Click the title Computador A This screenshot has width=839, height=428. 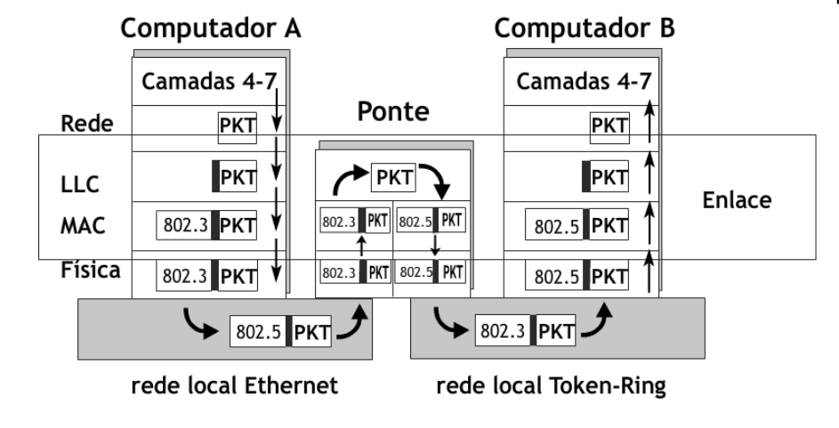[211, 28]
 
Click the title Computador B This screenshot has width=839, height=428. [586, 28]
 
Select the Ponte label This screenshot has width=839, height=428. [393, 113]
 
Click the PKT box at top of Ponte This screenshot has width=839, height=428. [393, 178]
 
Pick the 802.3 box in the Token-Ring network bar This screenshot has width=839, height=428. [504, 333]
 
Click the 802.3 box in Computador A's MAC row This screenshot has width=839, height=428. [186, 226]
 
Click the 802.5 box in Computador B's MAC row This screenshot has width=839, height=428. [556, 226]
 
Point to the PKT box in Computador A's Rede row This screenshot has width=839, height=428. [238, 128]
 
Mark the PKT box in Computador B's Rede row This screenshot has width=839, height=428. [609, 128]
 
